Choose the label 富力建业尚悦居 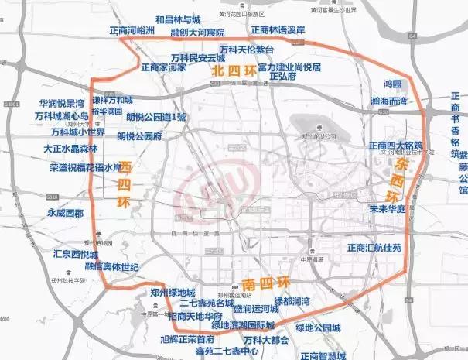[289, 67]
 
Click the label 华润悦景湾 [61, 103]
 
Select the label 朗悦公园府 [139, 135]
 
